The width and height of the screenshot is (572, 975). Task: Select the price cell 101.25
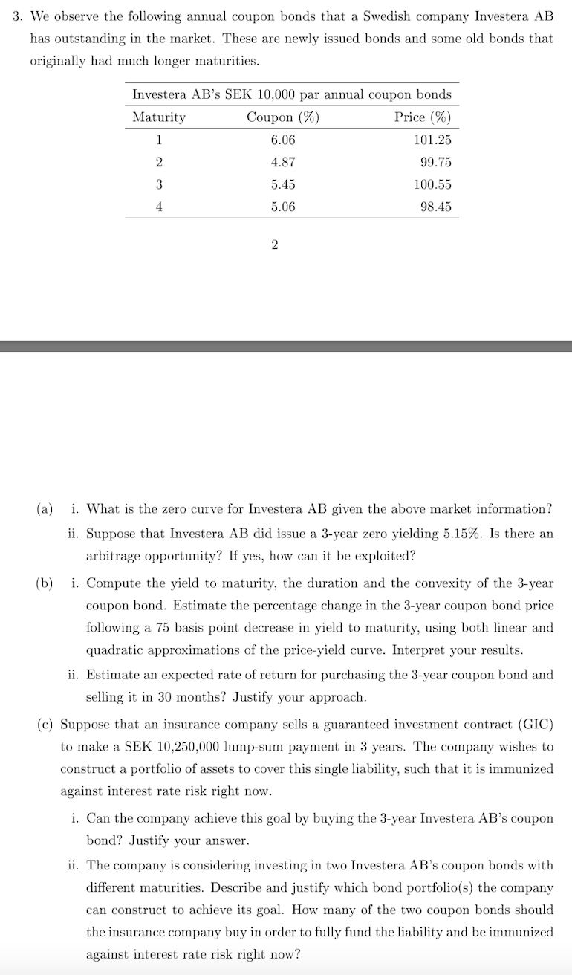(x=432, y=140)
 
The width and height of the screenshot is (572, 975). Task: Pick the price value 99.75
(x=435, y=162)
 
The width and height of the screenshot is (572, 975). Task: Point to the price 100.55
(x=432, y=184)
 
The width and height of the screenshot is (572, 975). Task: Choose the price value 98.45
(x=435, y=207)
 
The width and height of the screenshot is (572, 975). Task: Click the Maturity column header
(x=159, y=117)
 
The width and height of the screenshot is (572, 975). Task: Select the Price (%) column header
(x=423, y=117)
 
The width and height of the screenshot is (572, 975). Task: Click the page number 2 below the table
(x=275, y=246)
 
